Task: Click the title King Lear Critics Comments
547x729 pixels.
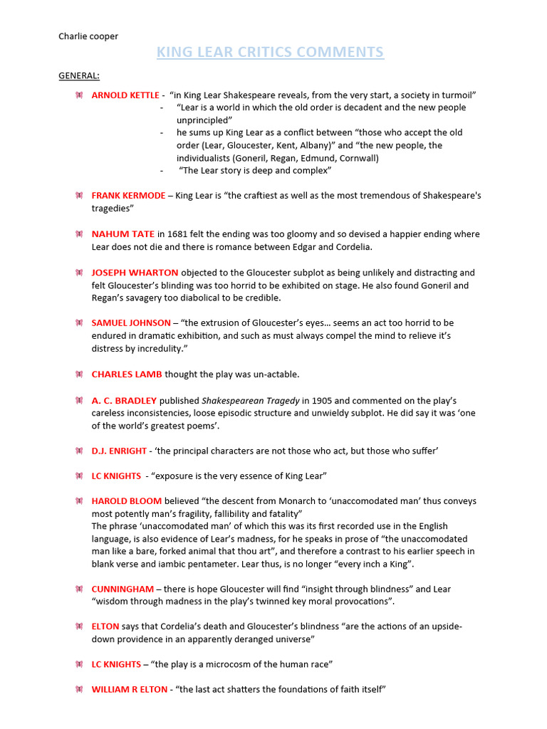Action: click(x=270, y=52)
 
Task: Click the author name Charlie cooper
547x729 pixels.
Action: click(x=88, y=36)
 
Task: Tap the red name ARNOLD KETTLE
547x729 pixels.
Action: click(x=125, y=95)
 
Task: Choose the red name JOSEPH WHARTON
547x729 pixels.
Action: click(x=135, y=273)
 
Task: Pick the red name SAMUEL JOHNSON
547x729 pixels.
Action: click(x=131, y=322)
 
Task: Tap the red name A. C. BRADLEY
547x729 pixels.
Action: click(x=124, y=400)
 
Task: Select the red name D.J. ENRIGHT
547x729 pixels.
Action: click(x=119, y=451)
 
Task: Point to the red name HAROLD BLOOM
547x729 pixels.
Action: click(x=127, y=500)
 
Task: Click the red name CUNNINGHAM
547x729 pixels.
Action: click(x=122, y=589)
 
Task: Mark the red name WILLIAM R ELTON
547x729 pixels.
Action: click(x=130, y=689)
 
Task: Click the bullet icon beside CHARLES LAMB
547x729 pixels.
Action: click(x=79, y=374)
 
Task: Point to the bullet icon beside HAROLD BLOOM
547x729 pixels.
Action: click(x=79, y=500)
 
